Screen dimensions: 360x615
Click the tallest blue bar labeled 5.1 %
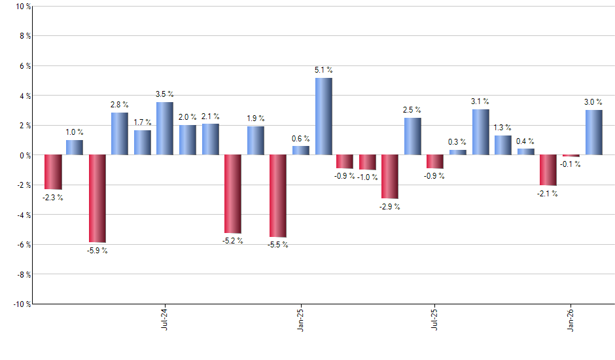[x=323, y=117]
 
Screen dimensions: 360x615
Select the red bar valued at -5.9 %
[x=97, y=198]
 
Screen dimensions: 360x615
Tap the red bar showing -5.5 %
[x=278, y=196]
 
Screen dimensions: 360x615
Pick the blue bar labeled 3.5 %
[x=165, y=128]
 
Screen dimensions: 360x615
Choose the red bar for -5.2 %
[x=233, y=194]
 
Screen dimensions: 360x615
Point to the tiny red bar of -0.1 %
[x=571, y=156]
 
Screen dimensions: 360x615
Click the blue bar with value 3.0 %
[x=594, y=132]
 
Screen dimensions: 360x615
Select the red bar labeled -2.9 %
[x=391, y=177]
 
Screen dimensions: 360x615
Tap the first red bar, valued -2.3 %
[x=53, y=172]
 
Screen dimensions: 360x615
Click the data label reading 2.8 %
[x=119, y=105]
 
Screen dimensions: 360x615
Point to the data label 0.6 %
[x=301, y=138]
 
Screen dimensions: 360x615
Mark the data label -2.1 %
[x=548, y=194]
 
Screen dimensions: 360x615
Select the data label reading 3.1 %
[x=480, y=101]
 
